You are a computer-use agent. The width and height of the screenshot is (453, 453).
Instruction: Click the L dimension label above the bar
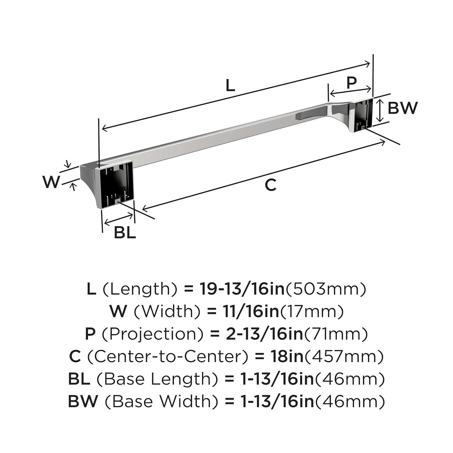[230, 86]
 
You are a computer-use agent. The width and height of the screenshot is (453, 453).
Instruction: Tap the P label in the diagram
[351, 82]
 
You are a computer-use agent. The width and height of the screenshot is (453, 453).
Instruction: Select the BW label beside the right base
[403, 108]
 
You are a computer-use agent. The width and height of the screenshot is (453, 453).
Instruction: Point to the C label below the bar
[271, 185]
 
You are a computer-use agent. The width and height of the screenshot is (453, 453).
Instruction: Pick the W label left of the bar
[51, 182]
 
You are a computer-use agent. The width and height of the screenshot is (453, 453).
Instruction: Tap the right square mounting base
[361, 115]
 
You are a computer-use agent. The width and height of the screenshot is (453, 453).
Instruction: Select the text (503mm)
[326, 289]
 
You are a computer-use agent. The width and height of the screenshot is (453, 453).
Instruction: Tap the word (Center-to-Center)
[168, 356]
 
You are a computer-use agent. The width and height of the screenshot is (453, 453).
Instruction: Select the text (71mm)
[336, 334]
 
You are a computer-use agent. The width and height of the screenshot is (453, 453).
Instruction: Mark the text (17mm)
[312, 311]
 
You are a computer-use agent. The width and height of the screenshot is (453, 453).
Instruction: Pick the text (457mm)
[344, 356]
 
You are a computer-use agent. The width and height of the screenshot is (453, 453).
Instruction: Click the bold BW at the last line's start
[83, 401]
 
